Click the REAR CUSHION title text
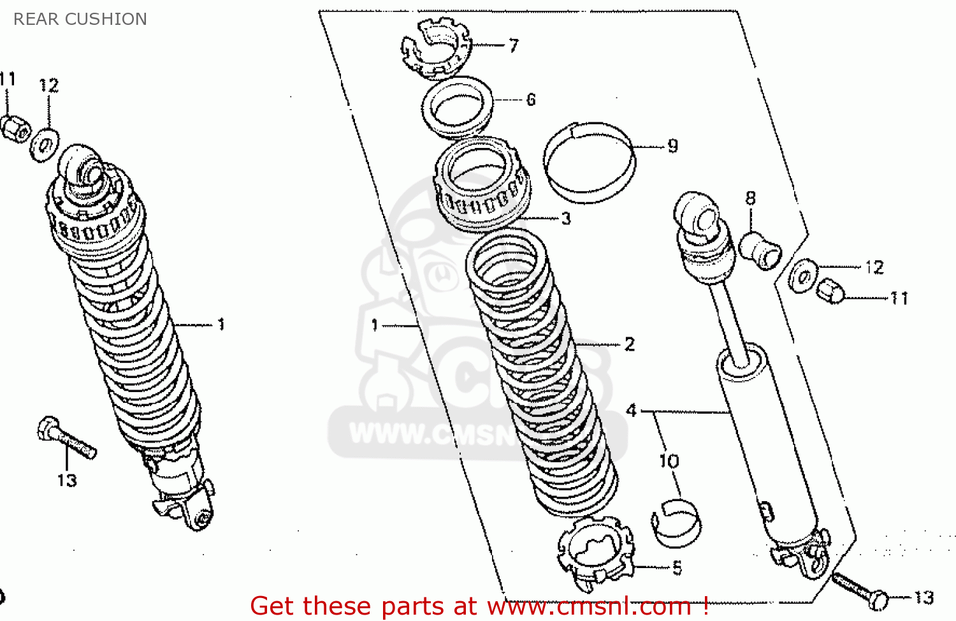click(80, 19)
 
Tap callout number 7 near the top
click(514, 45)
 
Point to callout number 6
click(531, 99)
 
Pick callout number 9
click(673, 146)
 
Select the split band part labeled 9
click(589, 163)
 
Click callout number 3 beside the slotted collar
click(566, 219)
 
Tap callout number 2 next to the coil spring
click(630, 344)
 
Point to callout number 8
click(751, 198)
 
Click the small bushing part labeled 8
click(760, 251)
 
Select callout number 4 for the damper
click(631, 410)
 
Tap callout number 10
click(669, 460)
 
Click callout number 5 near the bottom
click(677, 567)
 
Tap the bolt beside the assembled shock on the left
click(66, 437)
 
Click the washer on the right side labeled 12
click(803, 276)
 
